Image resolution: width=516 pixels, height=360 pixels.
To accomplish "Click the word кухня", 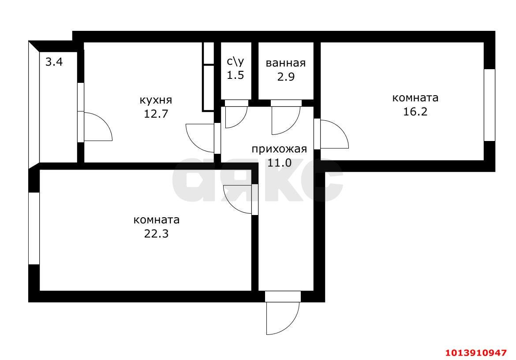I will (x=156, y=100).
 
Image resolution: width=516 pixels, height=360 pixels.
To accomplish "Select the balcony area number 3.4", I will (x=54, y=62).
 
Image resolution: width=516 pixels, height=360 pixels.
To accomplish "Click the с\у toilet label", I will (x=235, y=62).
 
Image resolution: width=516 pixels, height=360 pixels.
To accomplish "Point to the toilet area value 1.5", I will (x=235, y=75).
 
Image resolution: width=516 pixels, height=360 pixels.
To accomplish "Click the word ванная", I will (x=285, y=63).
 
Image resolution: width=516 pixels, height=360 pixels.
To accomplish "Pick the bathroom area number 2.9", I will (x=285, y=76).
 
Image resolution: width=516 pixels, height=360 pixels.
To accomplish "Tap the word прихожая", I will (x=279, y=149).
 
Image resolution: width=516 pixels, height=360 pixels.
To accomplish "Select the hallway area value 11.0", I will (x=279, y=162).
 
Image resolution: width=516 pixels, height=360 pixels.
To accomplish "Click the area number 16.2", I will (x=415, y=111).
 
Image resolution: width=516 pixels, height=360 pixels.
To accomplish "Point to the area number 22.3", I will (x=156, y=233).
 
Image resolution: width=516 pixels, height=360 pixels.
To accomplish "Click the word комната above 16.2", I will (x=415, y=97).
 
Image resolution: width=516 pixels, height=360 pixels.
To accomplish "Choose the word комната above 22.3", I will (x=156, y=219).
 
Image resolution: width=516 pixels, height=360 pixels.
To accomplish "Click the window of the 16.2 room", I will (x=490, y=105).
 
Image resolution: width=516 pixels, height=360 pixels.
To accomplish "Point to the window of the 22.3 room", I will (x=34, y=228).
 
